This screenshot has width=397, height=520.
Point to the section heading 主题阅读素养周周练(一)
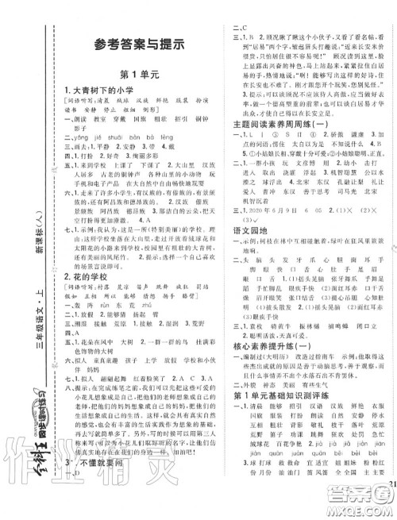click(x=279, y=121)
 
